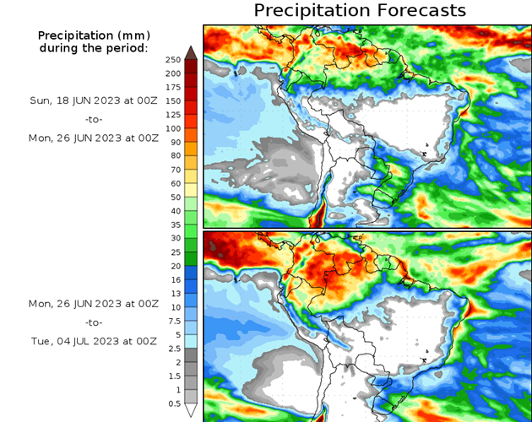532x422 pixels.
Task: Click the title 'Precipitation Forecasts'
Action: pos(360,10)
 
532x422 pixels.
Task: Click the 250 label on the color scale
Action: pos(173,59)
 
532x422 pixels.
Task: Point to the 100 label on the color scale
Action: pos(173,128)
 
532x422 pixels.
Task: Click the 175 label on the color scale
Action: pos(173,87)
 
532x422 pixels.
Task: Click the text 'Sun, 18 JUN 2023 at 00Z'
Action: pos(93,100)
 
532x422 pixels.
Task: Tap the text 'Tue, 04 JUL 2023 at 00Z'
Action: pos(93,341)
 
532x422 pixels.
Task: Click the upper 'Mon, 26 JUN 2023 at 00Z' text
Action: pos(93,137)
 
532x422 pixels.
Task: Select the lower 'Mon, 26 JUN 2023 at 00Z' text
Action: pos(93,303)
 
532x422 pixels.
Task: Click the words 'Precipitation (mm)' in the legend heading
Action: pos(93,35)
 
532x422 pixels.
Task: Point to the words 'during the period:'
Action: pos(93,48)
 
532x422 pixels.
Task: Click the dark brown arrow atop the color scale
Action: pos(192,52)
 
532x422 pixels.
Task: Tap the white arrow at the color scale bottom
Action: pos(192,410)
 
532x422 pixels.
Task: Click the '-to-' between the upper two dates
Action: pos(93,118)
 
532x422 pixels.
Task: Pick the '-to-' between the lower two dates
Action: pos(93,322)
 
